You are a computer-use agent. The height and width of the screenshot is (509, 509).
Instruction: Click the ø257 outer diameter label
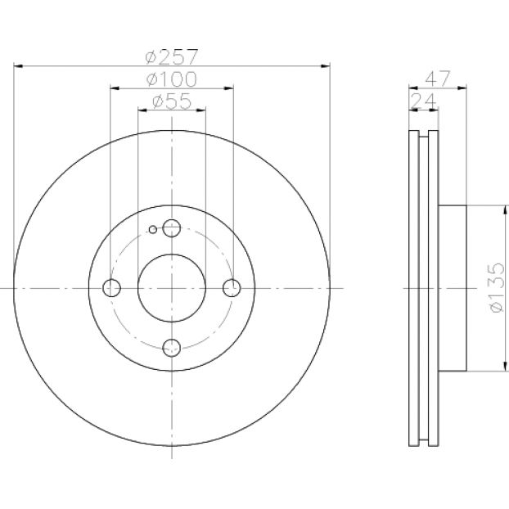tap(172, 57)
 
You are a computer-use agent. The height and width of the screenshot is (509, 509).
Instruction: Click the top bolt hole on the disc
tap(172, 227)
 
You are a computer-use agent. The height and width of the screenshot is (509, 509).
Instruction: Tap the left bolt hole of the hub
tap(111, 287)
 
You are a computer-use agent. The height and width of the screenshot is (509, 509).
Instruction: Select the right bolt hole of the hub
tap(232, 287)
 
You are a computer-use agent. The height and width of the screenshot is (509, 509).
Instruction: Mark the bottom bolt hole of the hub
tap(172, 348)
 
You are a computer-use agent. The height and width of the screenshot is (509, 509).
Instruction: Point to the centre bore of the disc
tap(172, 287)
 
